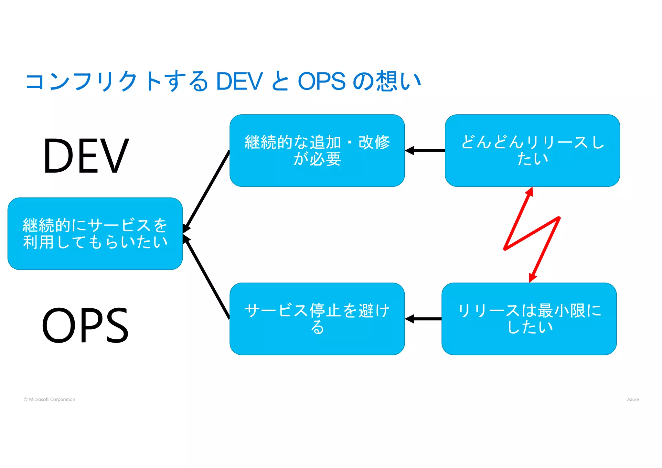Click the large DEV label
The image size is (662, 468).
click(x=86, y=156)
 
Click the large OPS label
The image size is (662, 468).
click(x=85, y=325)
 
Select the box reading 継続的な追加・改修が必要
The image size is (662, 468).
click(x=317, y=151)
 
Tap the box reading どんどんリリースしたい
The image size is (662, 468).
click(x=532, y=151)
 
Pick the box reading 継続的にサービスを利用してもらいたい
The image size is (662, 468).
click(x=95, y=234)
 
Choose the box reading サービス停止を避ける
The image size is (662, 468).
click(x=317, y=319)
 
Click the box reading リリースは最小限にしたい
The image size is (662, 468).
click(x=529, y=319)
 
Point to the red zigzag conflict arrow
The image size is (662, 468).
click(x=532, y=234)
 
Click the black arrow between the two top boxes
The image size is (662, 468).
click(x=425, y=151)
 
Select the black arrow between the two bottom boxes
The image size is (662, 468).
click(x=423, y=319)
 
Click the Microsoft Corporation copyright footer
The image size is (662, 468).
click(x=49, y=399)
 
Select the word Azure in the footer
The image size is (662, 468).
click(x=633, y=399)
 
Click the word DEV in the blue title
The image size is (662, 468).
click(x=239, y=81)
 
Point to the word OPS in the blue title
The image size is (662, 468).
click(x=321, y=81)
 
